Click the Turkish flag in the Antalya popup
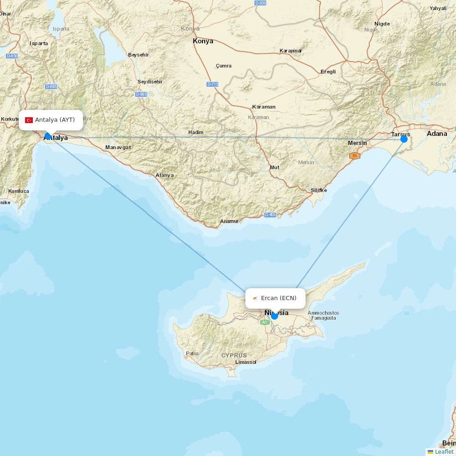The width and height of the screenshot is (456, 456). pos(29,120)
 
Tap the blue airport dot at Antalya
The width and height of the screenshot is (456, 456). pos(48,136)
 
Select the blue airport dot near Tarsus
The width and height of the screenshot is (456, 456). pos(404,139)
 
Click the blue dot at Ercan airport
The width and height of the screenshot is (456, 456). pos(274,316)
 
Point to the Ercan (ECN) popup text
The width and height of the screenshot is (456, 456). pos(279,298)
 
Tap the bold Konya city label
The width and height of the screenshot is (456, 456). pos(203,41)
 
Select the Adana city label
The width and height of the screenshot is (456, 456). pos(437,134)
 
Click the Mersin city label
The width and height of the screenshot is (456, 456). pos(357,143)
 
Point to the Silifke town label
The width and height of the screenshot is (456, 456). pos(319,190)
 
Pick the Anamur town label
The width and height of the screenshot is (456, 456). pos(229,221)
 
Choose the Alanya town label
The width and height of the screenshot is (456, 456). pos(165,175)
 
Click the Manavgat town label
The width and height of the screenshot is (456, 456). pos(118,147)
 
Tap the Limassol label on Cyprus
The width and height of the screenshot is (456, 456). pos(246,362)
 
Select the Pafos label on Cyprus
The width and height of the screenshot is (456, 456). pos(192,353)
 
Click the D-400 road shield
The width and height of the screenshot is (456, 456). pos(270,214)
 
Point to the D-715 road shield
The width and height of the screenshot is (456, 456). pos(212,84)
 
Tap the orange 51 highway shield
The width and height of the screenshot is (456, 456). pos(355,156)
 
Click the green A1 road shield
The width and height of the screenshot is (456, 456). pos(265,322)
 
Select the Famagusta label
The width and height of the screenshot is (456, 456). pos(323,318)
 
